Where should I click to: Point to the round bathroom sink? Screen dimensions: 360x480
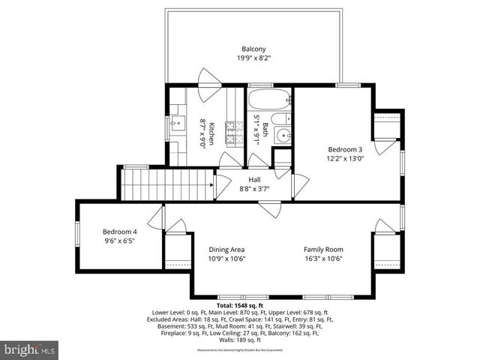[x=283, y=136]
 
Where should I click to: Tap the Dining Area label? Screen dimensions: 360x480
[x=226, y=250]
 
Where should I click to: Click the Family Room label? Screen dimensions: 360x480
[x=323, y=250]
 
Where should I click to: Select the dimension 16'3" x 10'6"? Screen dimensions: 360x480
[x=323, y=259]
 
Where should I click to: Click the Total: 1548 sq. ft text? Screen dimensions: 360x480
[x=239, y=306]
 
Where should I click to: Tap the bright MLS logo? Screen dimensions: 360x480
[x=30, y=349]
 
